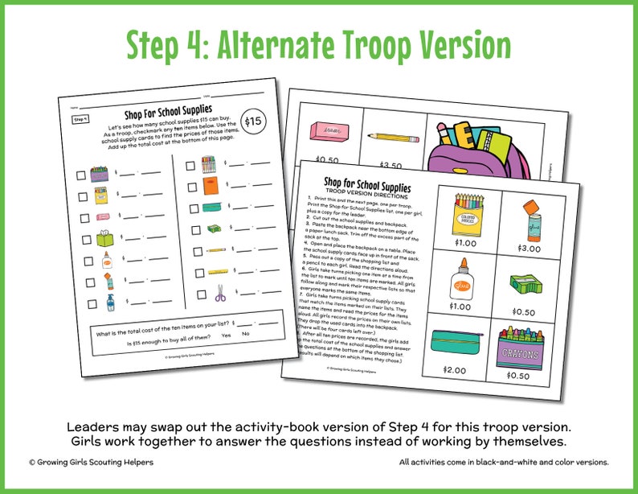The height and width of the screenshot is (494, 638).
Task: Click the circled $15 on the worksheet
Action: (x=253, y=121)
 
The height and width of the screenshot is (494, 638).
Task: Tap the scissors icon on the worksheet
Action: (x=221, y=294)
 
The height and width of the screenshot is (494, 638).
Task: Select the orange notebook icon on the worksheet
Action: (x=209, y=187)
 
